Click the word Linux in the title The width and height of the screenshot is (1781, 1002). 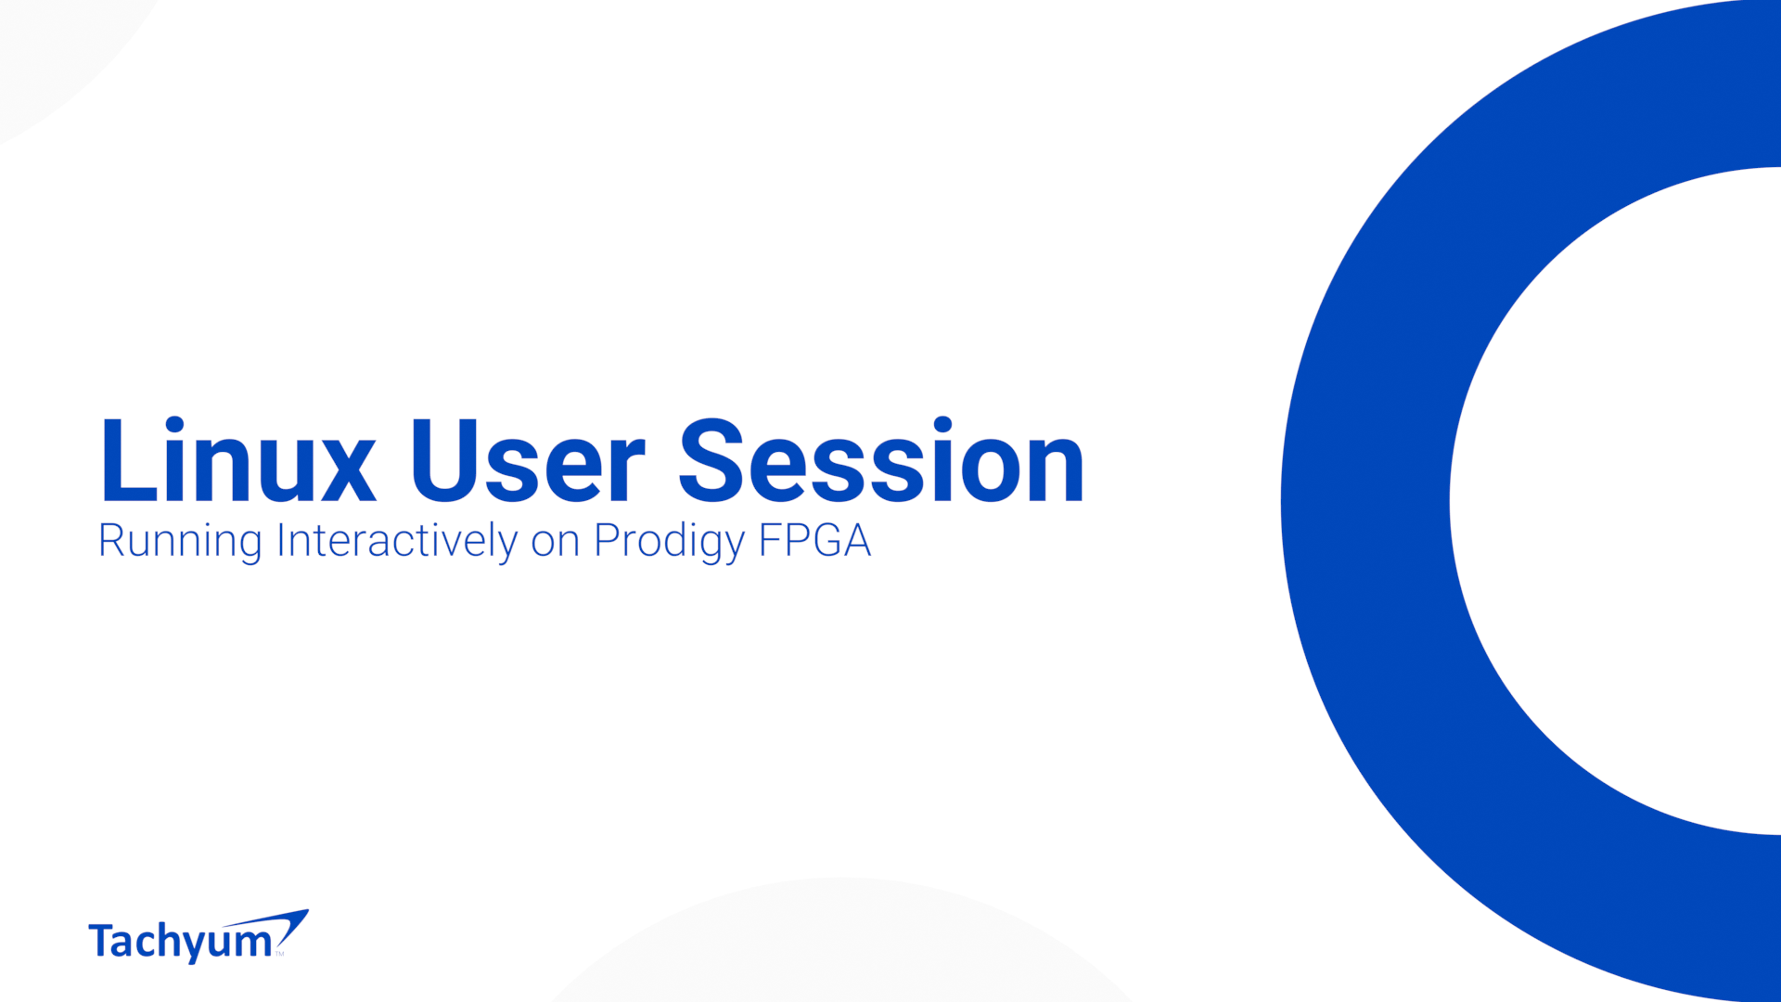pyautogui.click(x=238, y=460)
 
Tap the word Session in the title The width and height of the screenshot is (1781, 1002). pyautogui.click(x=881, y=460)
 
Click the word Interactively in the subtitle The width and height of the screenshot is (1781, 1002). pyautogui.click(x=397, y=541)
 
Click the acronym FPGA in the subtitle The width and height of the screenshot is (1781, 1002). pyautogui.click(x=815, y=541)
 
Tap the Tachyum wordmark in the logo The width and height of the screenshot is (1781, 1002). pyautogui.click(x=180, y=942)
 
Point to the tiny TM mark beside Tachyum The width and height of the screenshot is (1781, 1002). pyautogui.click(x=279, y=954)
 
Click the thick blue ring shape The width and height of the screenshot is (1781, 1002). pyautogui.click(x=1364, y=501)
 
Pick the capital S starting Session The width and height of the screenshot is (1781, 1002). pyautogui.click(x=712, y=460)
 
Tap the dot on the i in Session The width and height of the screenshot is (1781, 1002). pyautogui.click(x=942, y=426)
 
